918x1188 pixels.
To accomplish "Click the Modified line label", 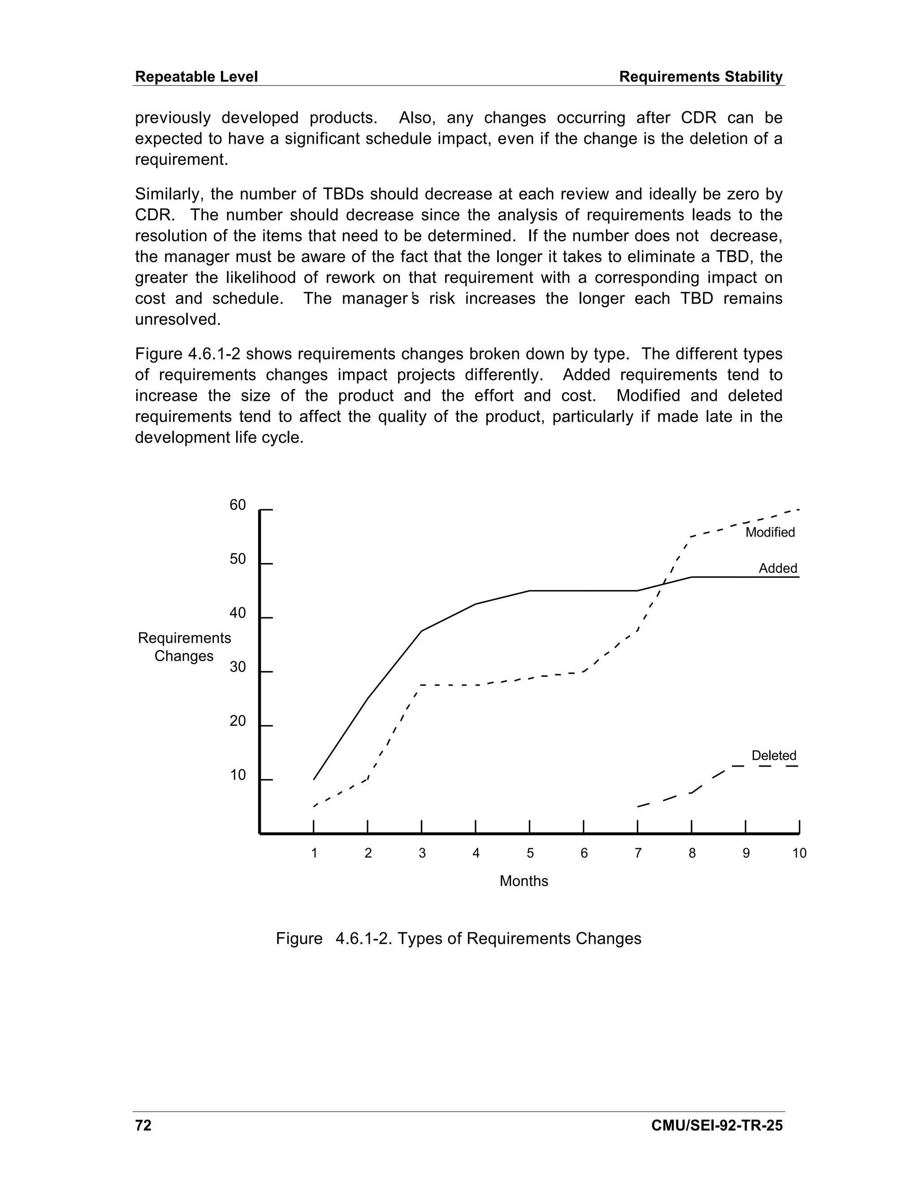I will point(770,532).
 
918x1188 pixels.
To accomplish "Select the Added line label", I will point(778,568).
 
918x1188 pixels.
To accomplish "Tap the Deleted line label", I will point(773,755).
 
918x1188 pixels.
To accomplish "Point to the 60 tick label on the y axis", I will point(238,505).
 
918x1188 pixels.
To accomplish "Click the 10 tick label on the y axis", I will point(238,775).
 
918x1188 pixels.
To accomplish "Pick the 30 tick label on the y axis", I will point(238,667).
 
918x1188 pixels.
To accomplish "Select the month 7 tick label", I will point(638,853).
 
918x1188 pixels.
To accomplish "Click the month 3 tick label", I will point(422,853).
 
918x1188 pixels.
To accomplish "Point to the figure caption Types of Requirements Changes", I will point(459,938).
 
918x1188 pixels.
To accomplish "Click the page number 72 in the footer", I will point(143,1125).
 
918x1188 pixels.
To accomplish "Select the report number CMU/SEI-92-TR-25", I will point(717,1125).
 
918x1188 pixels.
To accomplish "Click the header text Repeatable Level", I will point(196,77).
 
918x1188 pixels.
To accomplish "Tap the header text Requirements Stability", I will point(701,77).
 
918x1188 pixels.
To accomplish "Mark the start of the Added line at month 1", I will point(314,780).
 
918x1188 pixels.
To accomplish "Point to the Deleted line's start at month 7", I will point(638,806).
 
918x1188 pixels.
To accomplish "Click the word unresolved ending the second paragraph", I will point(178,319).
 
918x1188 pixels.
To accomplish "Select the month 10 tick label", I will point(799,853).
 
